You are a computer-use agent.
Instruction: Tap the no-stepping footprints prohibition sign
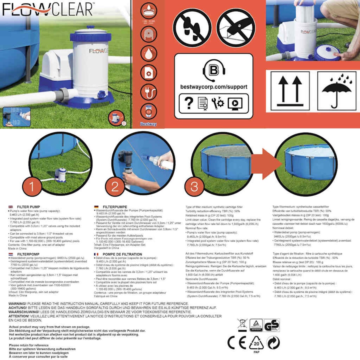[192, 28]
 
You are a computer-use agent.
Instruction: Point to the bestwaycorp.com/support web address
[214, 87]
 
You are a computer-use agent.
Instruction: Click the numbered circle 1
[32, 187]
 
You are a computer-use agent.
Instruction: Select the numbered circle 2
[115, 187]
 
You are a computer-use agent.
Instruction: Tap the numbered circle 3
[194, 187]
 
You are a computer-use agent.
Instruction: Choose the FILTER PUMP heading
[28, 207]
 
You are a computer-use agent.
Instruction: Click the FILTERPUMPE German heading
[115, 207]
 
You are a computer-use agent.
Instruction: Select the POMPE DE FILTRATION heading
[122, 254]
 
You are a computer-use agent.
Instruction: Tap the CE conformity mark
[237, 343]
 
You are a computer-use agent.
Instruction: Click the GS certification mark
[272, 325]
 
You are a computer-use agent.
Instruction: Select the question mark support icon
[189, 103]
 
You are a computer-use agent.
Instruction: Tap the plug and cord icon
[148, 92]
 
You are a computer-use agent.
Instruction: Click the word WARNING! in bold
[17, 304]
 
